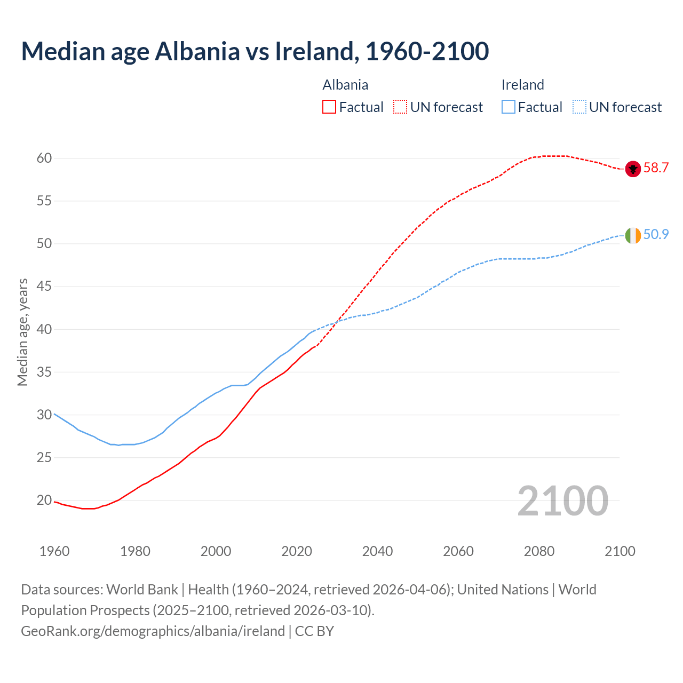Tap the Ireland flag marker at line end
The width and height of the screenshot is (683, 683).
632,235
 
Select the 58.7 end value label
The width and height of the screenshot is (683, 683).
656,168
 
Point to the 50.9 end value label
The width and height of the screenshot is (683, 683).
656,235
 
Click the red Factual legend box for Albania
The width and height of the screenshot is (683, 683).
329,107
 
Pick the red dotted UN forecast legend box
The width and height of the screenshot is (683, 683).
400,107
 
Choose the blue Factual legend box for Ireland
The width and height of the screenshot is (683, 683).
509,107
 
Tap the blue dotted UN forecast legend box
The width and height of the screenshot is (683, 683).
579,107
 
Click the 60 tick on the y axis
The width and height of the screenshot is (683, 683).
44,158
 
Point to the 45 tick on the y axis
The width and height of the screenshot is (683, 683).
44,287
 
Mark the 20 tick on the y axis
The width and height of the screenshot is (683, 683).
44,501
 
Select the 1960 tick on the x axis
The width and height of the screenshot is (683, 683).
54,551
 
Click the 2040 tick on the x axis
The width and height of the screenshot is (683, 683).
377,551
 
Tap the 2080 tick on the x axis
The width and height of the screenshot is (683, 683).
539,551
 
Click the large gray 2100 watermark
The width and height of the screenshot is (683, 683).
562,501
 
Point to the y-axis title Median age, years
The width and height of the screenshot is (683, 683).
22,332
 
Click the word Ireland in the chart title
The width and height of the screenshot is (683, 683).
314,51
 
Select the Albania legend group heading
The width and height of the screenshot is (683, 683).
345,85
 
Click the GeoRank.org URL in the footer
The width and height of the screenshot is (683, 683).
153,631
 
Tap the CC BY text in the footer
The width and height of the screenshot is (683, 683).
314,631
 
